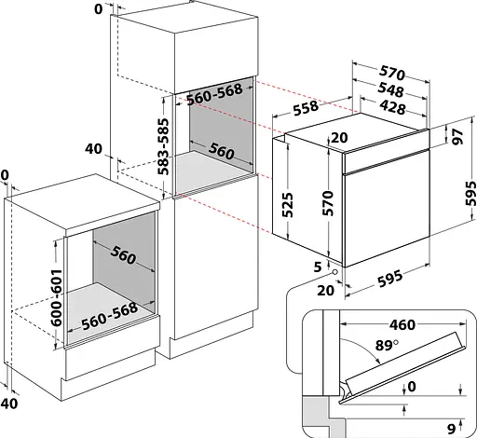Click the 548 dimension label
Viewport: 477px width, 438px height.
[x=390, y=89]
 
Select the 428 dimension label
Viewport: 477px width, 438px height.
[x=392, y=107]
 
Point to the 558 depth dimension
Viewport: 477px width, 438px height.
[x=306, y=108]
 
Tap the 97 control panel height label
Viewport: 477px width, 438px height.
[x=457, y=136]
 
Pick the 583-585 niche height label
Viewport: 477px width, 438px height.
[x=163, y=146]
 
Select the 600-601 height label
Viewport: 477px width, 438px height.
[x=56, y=298]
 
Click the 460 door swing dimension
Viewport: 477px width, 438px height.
[x=402, y=324]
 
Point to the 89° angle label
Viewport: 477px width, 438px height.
[x=387, y=346]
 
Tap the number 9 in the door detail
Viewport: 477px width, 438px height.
[x=451, y=429]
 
